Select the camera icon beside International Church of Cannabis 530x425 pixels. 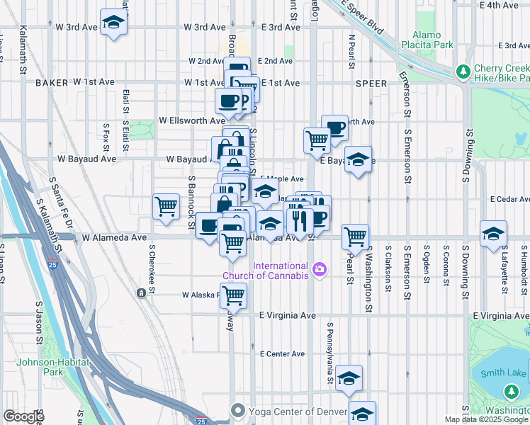click(x=320, y=268)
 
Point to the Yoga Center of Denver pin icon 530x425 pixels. click(x=238, y=410)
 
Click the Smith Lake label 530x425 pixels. click(x=503, y=373)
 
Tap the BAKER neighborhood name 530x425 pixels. click(x=51, y=83)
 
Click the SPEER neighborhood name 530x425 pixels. click(x=371, y=84)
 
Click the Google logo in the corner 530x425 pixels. click(x=24, y=416)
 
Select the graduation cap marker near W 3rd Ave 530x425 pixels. click(x=113, y=23)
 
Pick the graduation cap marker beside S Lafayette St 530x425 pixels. click(x=493, y=234)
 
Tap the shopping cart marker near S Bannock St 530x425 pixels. click(x=167, y=207)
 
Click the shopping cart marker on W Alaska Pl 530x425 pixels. click(x=233, y=295)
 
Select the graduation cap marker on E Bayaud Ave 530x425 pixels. click(x=359, y=159)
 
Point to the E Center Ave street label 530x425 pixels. click(x=282, y=353)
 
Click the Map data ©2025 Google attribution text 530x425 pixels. click(x=486, y=419)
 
